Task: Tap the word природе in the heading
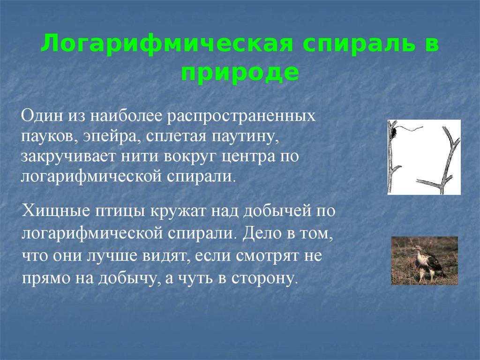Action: pyautogui.click(x=240, y=73)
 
